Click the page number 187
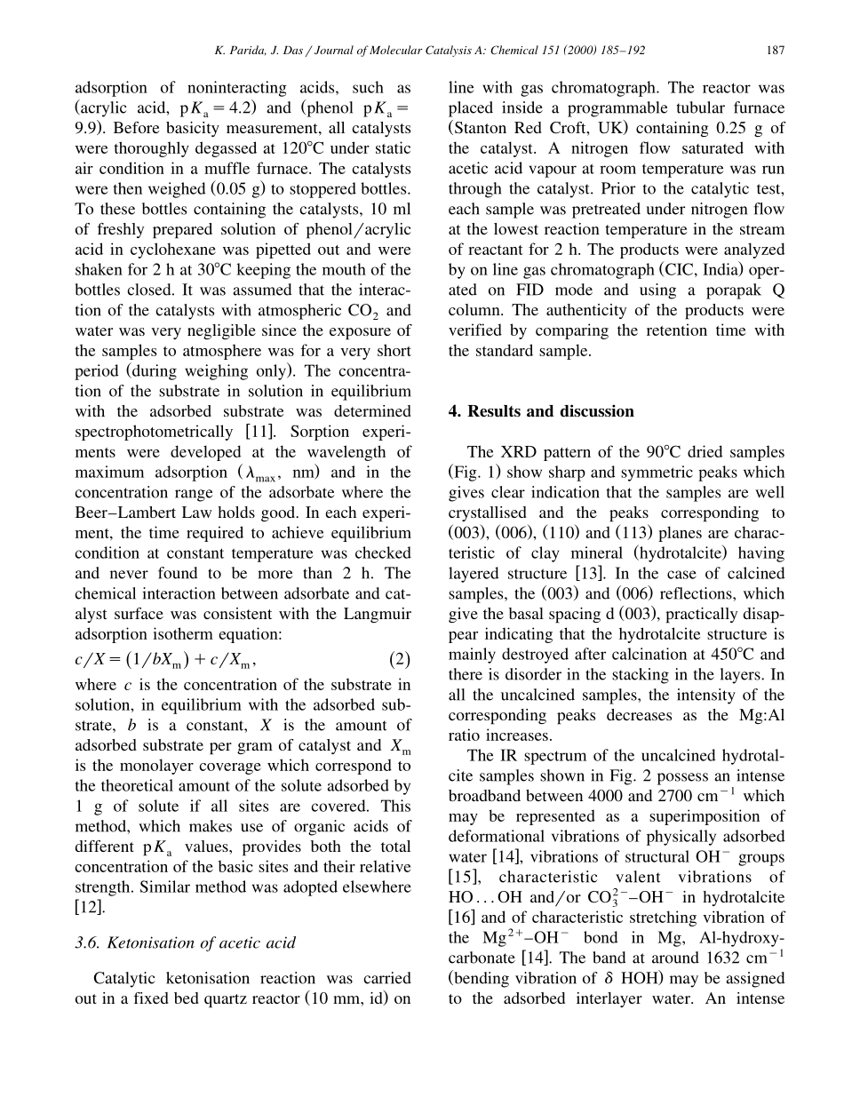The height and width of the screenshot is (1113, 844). (775, 51)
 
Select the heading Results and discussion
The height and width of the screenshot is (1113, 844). (541, 411)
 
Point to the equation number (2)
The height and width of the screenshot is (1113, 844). (400, 660)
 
